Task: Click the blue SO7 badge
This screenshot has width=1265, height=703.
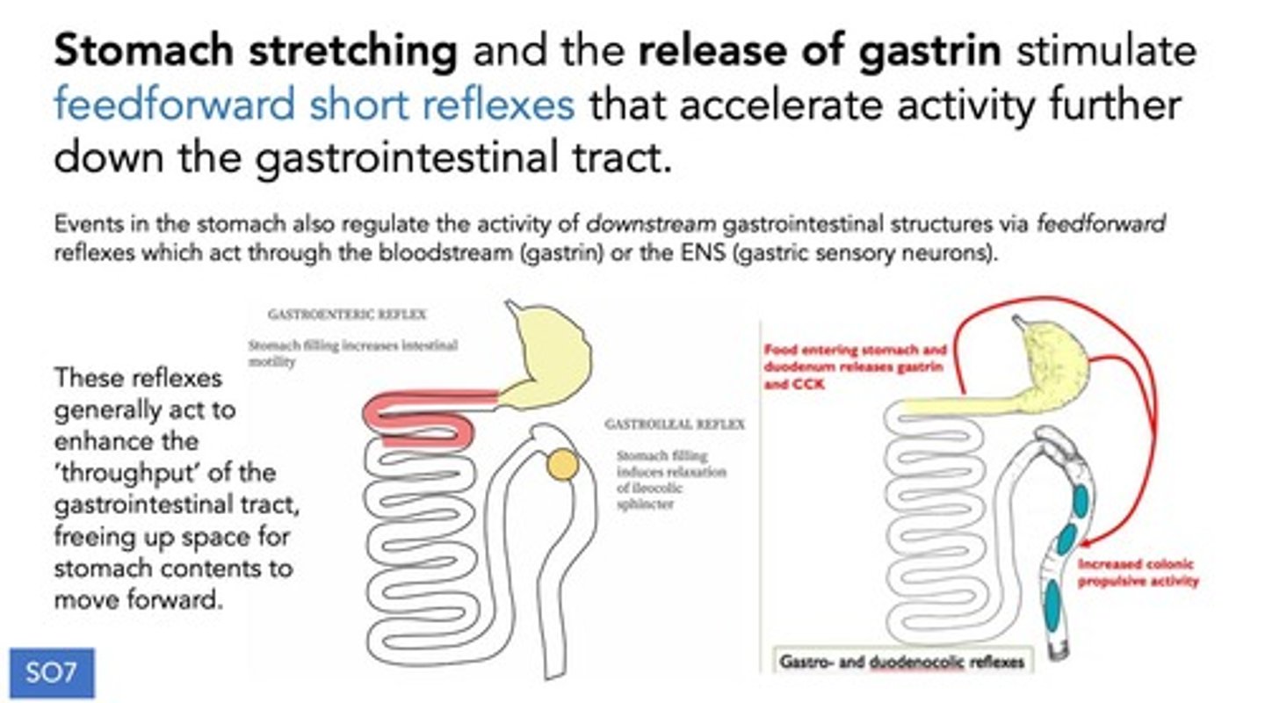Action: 52,674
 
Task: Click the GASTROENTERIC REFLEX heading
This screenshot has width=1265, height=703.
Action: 347,314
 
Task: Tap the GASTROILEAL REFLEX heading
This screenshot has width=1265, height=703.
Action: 674,424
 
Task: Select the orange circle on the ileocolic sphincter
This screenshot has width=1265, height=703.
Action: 562,465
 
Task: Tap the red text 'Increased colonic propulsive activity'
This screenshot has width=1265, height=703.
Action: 1138,573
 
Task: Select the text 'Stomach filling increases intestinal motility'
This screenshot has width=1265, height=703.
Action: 352,352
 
